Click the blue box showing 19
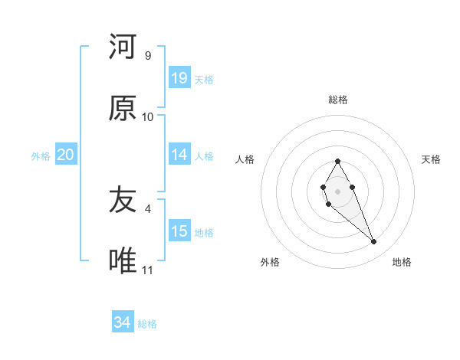pyautogui.click(x=179, y=78)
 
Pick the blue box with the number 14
pyautogui.click(x=179, y=155)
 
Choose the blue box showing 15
pyautogui.click(x=179, y=231)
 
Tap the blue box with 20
pyautogui.click(x=65, y=155)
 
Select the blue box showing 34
pyautogui.click(x=122, y=322)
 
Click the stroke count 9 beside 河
pyautogui.click(x=148, y=56)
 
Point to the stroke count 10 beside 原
pyautogui.click(x=148, y=117)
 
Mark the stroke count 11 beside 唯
pyautogui.click(x=148, y=270)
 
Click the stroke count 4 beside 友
pyautogui.click(x=148, y=208)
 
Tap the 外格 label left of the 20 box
pyautogui.click(x=41, y=156)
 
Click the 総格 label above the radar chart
pyautogui.click(x=338, y=100)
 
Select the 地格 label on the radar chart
pyautogui.click(x=402, y=262)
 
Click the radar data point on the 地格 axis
pyautogui.click(x=374, y=242)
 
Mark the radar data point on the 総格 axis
pyautogui.click(x=337, y=161)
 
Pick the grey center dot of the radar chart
pyautogui.click(x=337, y=190)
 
